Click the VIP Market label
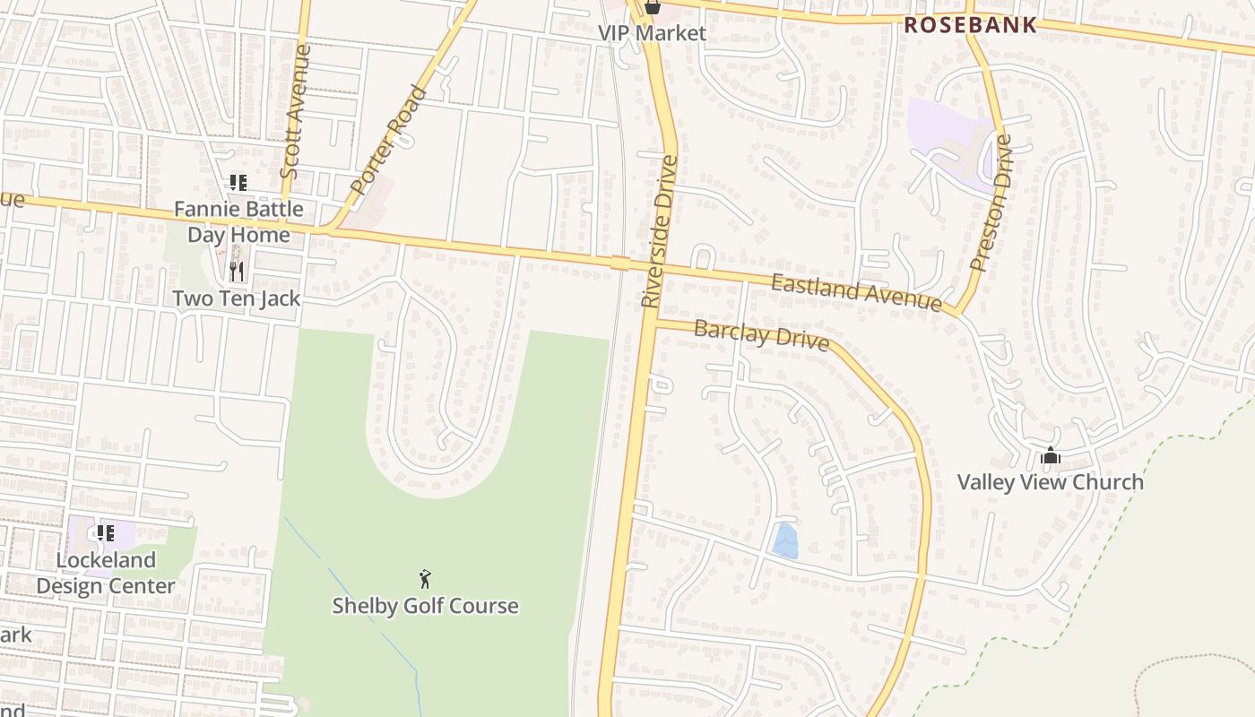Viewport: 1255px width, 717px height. (x=652, y=33)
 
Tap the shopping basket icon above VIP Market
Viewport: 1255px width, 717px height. (x=653, y=8)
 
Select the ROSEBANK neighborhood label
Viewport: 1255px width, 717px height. (x=970, y=25)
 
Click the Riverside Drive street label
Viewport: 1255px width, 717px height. (x=660, y=231)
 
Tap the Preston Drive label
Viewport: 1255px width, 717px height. (x=991, y=203)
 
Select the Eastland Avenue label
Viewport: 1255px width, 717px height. (x=856, y=293)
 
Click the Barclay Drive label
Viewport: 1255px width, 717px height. (x=761, y=335)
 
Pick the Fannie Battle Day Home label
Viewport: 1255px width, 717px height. (x=238, y=221)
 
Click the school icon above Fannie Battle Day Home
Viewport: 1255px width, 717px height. (x=238, y=183)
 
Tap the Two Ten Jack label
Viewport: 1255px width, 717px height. (x=236, y=298)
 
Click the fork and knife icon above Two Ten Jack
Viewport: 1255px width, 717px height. (x=237, y=271)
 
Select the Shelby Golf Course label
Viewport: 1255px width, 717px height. (x=425, y=606)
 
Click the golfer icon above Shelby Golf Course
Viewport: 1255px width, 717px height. (x=425, y=579)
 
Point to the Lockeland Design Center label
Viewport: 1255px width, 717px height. (x=106, y=573)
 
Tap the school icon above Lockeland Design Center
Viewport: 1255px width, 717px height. (x=106, y=533)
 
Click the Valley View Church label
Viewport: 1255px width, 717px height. (x=1050, y=482)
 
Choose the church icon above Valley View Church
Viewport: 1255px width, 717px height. (x=1051, y=456)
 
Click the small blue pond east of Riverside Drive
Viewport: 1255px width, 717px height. (x=785, y=541)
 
